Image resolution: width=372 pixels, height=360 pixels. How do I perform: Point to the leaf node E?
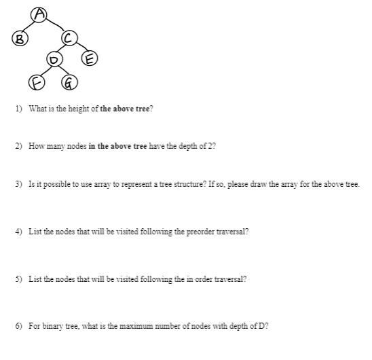pyautogui.click(x=88, y=57)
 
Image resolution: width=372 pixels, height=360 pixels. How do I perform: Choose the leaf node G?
pyautogui.click(x=67, y=84)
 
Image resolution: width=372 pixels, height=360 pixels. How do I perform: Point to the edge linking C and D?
pyautogui.click(x=60, y=50)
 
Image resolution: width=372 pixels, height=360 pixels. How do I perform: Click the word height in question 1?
pyautogui.click(x=74, y=109)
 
